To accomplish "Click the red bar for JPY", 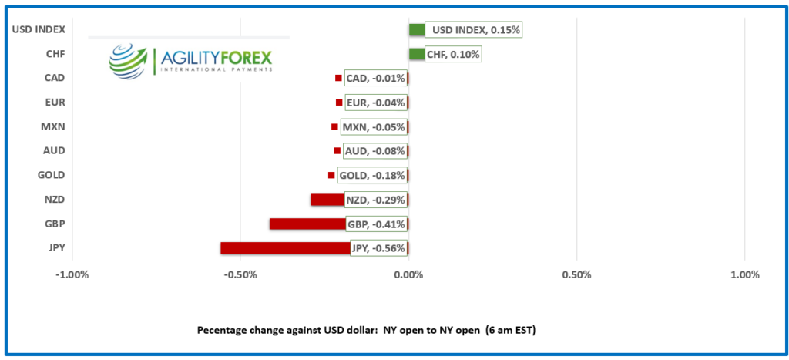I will (285, 248).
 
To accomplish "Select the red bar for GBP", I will (307, 224).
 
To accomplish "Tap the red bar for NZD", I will (327, 200).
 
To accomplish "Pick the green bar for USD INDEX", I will (417, 30).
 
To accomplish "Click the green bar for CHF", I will (415, 54).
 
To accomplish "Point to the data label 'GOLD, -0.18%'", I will (371, 176).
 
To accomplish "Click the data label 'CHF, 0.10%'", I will (453, 54).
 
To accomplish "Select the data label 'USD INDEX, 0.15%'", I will (473, 30).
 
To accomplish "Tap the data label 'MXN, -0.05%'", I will (373, 127).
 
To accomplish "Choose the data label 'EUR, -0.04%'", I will (375, 103).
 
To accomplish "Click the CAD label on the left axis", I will (55, 78).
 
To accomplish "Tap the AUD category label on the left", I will (55, 150).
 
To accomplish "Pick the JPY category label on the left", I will (55, 248).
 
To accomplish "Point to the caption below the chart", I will (366, 330).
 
